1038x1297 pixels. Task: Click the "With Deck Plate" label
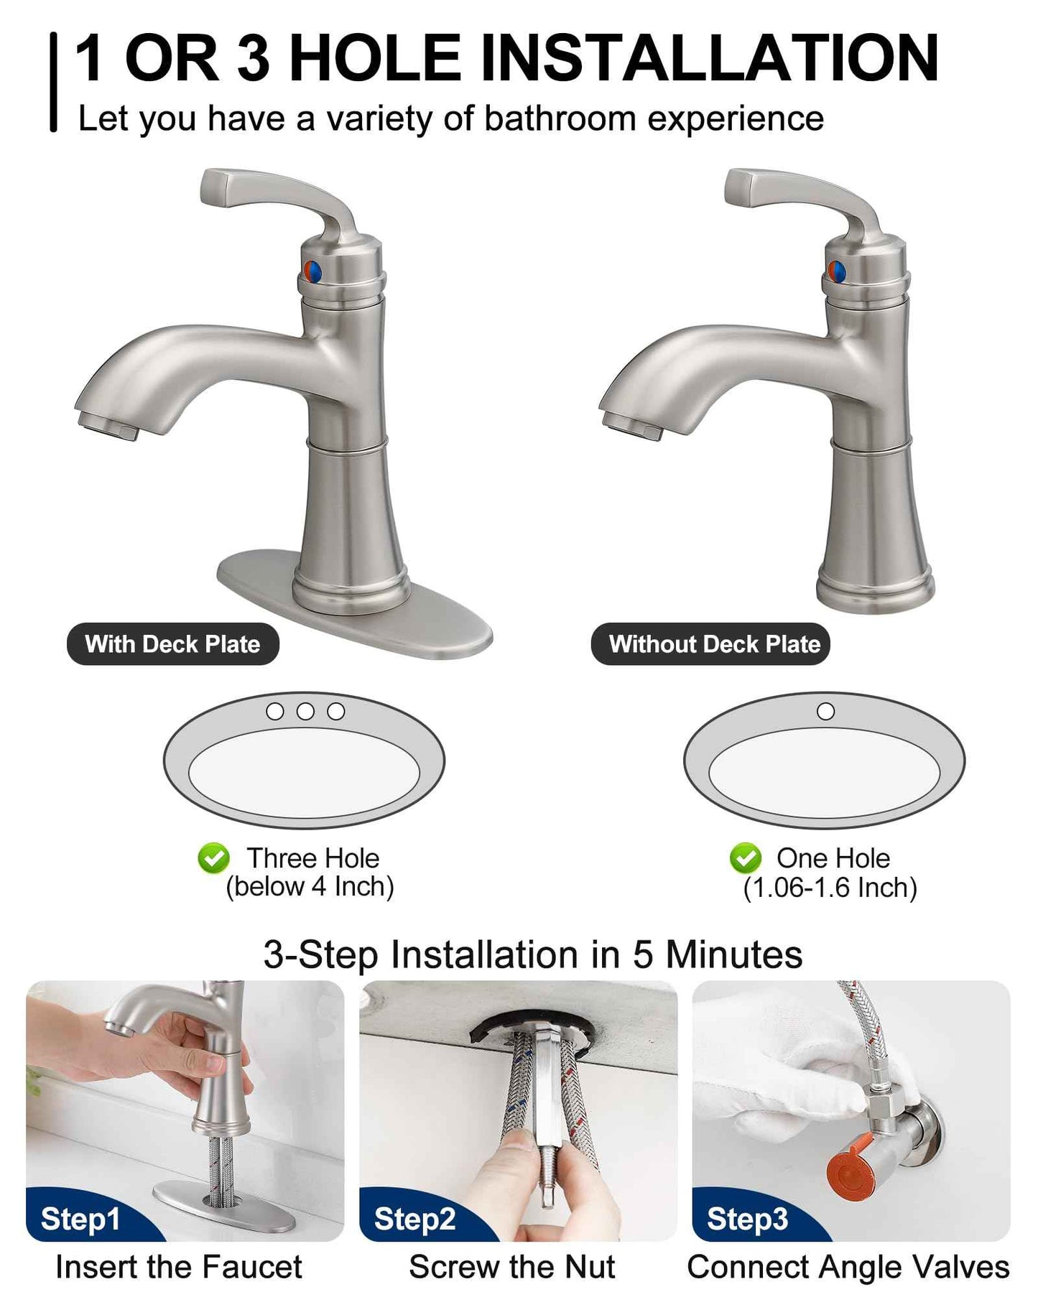172,643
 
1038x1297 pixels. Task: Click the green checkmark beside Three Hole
213,858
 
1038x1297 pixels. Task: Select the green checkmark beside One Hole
745,858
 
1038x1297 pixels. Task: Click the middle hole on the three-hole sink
305,711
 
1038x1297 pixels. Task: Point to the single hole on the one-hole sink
826,711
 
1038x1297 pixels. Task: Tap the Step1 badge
80,1219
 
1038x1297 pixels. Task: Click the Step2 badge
414,1219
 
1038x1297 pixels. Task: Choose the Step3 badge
747,1219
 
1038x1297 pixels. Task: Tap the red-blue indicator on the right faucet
836,271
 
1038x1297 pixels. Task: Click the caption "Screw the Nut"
511,1267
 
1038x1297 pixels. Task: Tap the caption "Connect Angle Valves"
848,1267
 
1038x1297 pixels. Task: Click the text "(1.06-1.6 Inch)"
830,888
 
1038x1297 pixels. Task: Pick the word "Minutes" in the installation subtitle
733,955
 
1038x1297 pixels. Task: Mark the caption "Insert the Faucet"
179,1267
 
